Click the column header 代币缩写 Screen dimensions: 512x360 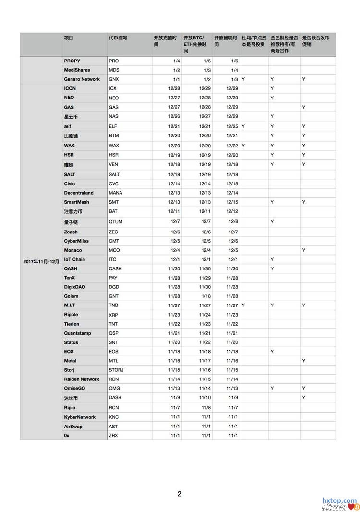pyautogui.click(x=118, y=37)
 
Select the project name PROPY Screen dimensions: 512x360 pyautogui.click(x=72, y=61)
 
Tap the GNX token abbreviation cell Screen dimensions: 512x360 pyautogui.click(x=114, y=79)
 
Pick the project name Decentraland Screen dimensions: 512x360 pyautogui.click(x=79, y=193)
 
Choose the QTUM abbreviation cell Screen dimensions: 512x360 pyautogui.click(x=116, y=222)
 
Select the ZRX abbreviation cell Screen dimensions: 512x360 pyautogui.click(x=114, y=435)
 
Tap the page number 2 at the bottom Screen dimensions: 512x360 pyautogui.click(x=180, y=493)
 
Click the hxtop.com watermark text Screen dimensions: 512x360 pyautogui.click(x=339, y=500)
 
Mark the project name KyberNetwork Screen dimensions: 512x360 pyautogui.click(x=80, y=417)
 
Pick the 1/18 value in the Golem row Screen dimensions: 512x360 pyautogui.click(x=206, y=296)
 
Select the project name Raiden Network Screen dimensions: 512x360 pyautogui.click(x=82, y=379)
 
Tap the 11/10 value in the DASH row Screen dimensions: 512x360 pyautogui.click(x=204, y=398)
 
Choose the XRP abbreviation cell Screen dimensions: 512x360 pyautogui.click(x=113, y=315)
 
